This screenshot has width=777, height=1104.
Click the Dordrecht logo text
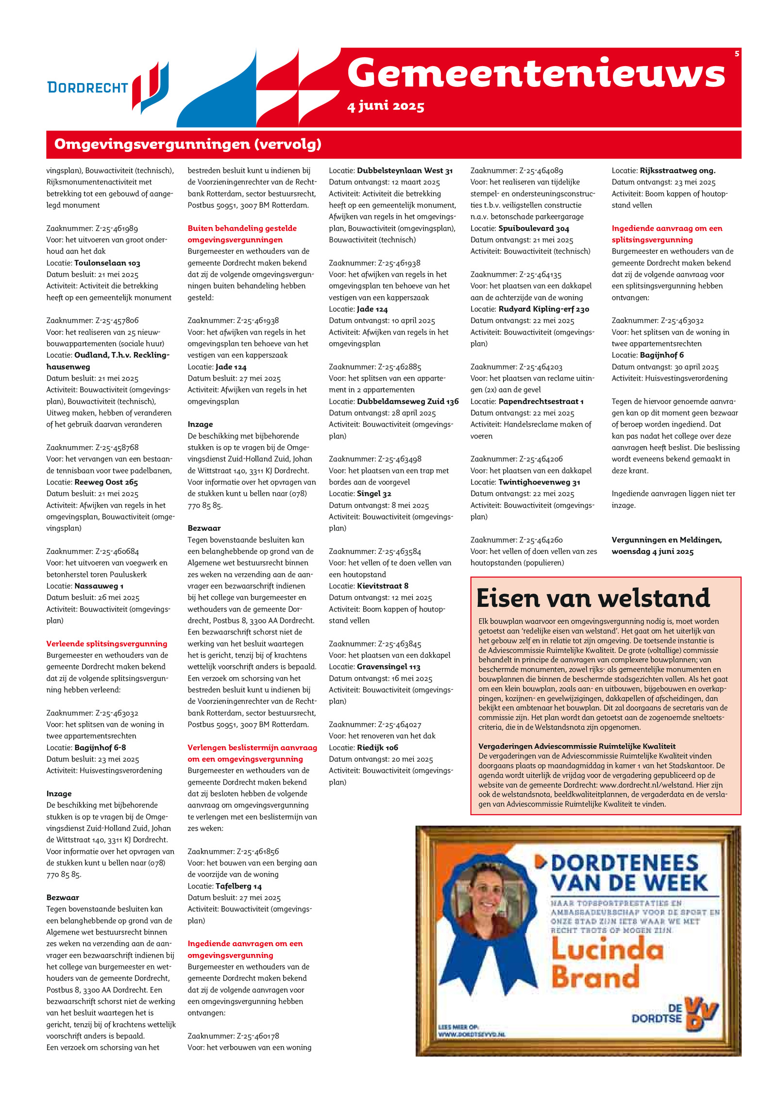point(87,87)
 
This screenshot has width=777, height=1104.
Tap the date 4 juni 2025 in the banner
point(386,106)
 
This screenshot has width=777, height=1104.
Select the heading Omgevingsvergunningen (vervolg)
point(188,144)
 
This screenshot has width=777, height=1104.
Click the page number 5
point(737,54)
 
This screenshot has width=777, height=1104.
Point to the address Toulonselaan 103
point(107,263)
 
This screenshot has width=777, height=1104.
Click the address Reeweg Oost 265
point(106,482)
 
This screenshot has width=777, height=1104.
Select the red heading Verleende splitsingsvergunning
point(107,644)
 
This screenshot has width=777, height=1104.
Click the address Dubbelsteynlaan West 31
point(405,171)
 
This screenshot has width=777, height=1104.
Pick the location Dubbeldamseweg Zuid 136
point(407,401)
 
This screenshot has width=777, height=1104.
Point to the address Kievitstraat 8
point(382,586)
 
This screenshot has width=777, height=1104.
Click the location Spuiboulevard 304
point(534,228)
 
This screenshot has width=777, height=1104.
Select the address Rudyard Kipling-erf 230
point(544,309)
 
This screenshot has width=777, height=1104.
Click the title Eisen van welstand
point(593,598)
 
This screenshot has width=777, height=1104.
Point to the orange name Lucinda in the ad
point(607,950)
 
